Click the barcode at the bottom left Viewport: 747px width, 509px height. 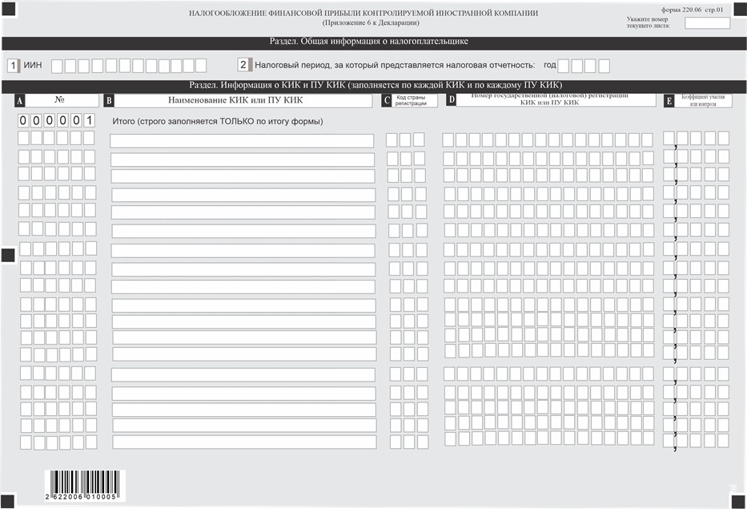point(84,485)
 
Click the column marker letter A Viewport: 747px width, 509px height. point(20,101)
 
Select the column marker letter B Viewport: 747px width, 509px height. point(109,101)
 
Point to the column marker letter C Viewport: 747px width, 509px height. point(387,101)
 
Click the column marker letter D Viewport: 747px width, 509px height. point(452,100)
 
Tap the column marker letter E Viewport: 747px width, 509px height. point(669,101)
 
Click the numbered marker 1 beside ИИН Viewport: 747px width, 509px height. point(13,66)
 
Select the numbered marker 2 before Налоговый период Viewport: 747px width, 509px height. point(243,65)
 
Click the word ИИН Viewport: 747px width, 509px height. point(34,66)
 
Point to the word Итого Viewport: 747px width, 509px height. point(123,121)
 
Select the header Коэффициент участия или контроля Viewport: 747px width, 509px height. point(704,100)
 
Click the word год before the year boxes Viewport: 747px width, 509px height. point(549,66)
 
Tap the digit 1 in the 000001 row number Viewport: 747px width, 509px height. point(90,121)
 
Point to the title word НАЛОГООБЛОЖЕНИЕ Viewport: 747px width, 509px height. point(231,14)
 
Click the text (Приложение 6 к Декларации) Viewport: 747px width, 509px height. point(363,23)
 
